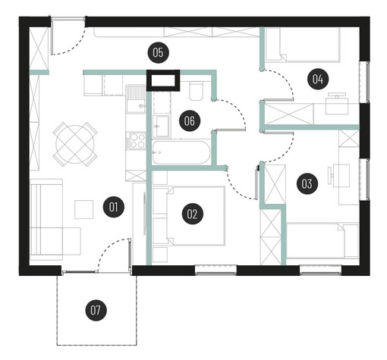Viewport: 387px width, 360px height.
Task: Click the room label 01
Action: tap(114, 208)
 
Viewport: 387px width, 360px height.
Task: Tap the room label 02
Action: tap(192, 214)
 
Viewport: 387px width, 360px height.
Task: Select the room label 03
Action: tap(307, 183)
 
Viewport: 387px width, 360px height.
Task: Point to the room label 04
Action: tap(318, 79)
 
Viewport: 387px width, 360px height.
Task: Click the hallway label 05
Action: tap(158, 52)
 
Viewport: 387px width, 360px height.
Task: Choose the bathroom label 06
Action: tap(190, 121)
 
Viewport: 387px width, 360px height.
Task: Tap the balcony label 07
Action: tap(96, 310)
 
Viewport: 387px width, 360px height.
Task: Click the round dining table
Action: tap(75, 145)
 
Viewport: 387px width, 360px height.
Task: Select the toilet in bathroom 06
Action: tap(196, 90)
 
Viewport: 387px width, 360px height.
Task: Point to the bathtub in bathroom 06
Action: tap(181, 152)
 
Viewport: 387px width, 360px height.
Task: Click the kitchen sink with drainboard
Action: tap(136, 99)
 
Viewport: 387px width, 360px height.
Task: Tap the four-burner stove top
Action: tap(136, 140)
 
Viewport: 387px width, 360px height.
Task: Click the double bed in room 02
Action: tap(196, 216)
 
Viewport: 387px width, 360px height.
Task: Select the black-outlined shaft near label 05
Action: tap(163, 80)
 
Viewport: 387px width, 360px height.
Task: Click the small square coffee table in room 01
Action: tap(83, 209)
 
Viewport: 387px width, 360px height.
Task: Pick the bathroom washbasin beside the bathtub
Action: tap(161, 126)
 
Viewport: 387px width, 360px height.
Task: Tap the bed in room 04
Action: tap(303, 45)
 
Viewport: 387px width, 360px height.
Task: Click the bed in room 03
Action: tap(322, 241)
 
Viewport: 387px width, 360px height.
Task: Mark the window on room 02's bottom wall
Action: tap(216, 270)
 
